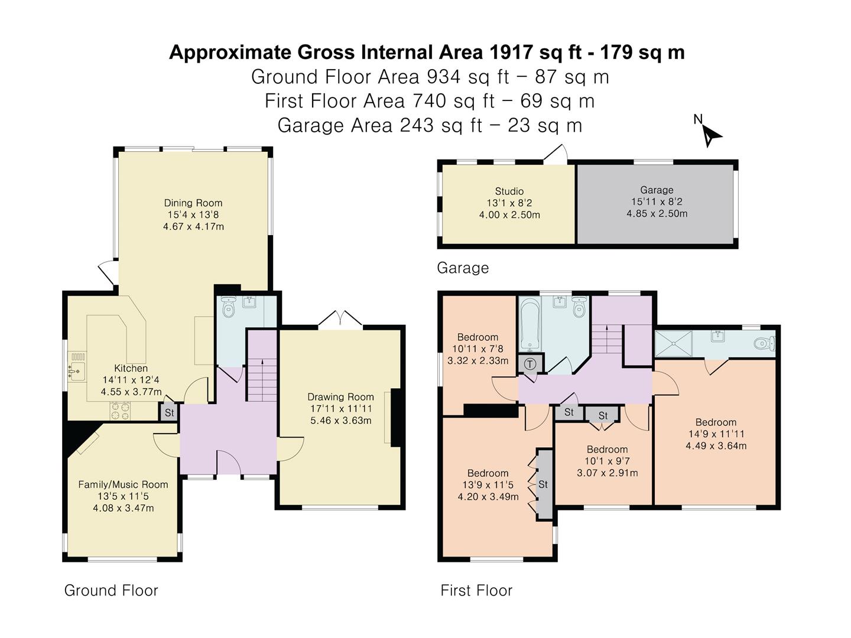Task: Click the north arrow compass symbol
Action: tap(712, 136)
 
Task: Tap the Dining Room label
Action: tap(193, 203)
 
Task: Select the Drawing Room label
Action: tap(340, 397)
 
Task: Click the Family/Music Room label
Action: tap(123, 484)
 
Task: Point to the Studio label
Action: tap(509, 191)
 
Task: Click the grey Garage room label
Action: tap(657, 190)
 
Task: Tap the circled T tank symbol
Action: tap(530, 364)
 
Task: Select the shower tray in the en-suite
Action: tap(673, 343)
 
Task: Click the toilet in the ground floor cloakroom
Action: tap(229, 307)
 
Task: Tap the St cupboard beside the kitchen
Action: tap(169, 412)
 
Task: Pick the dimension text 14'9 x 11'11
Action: tap(716, 434)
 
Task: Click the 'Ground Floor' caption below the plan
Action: tap(111, 590)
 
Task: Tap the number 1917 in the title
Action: tap(512, 53)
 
